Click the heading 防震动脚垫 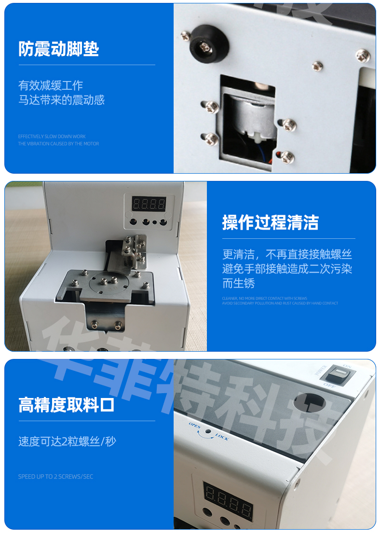click(x=59, y=49)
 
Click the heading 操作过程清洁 click(x=270, y=223)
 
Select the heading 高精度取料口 click(x=67, y=405)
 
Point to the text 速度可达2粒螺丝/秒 click(x=67, y=441)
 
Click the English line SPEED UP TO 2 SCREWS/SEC click(x=55, y=477)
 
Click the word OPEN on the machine click(x=195, y=425)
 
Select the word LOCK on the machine click(x=222, y=437)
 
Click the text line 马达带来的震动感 click(x=61, y=100)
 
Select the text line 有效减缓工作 click(x=51, y=85)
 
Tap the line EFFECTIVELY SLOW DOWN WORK click(x=52, y=137)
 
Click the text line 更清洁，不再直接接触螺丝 click(x=287, y=254)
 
